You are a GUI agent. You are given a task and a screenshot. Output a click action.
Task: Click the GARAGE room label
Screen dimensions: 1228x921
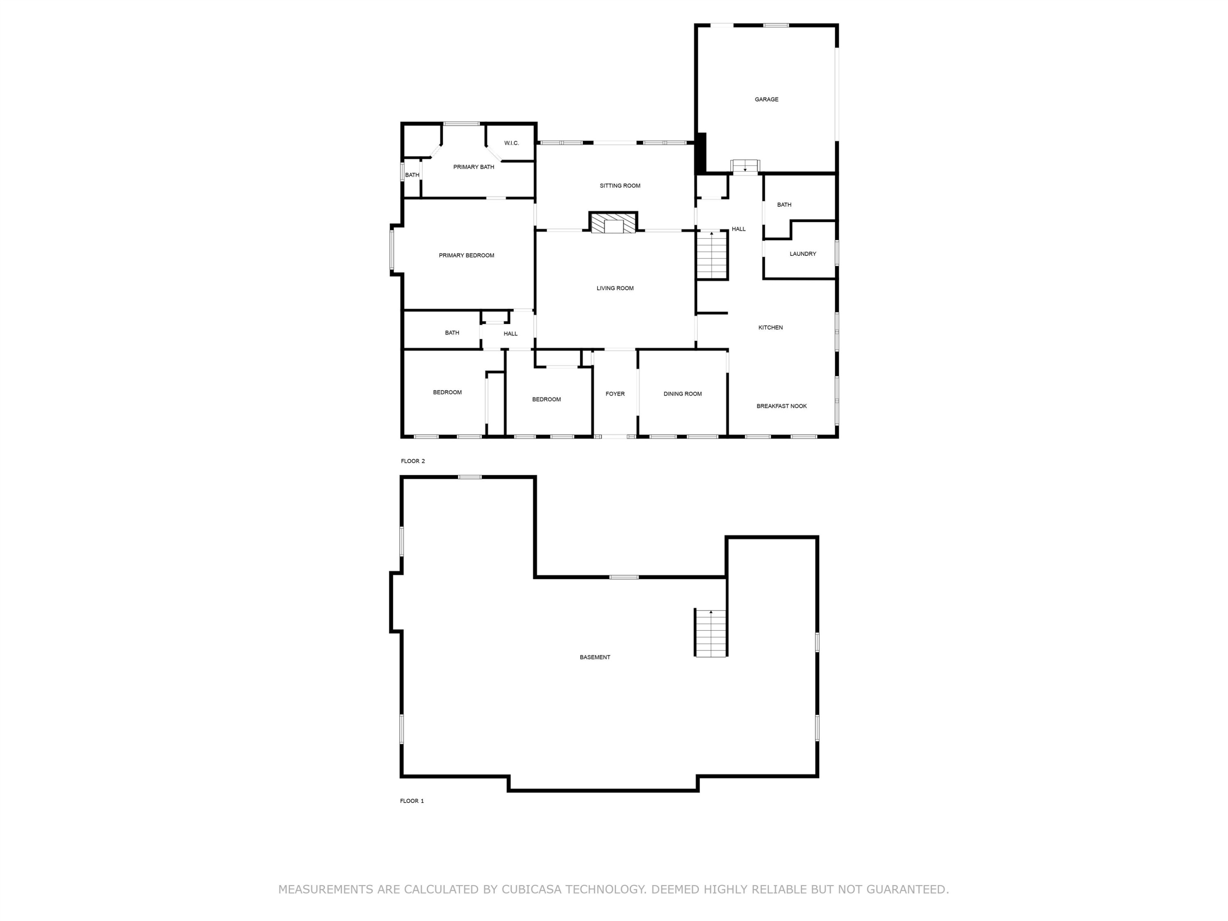pos(766,99)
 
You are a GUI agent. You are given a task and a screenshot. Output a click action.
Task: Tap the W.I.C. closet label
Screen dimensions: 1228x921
pos(511,143)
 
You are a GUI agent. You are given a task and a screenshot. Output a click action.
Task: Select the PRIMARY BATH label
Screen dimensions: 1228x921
pos(474,167)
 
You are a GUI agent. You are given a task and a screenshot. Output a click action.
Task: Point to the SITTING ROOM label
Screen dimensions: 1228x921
pos(620,186)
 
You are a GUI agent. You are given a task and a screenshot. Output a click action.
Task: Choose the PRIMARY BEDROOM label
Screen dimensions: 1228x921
pos(466,255)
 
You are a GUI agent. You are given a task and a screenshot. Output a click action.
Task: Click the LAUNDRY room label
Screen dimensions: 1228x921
pos(803,254)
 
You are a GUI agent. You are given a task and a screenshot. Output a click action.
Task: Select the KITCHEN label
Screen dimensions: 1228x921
pos(770,327)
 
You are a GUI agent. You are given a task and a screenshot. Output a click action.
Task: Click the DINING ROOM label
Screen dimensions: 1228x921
pos(682,394)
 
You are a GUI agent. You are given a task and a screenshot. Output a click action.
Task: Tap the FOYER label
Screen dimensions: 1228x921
pos(615,394)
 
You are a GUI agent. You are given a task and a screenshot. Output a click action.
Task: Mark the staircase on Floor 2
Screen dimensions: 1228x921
pos(712,255)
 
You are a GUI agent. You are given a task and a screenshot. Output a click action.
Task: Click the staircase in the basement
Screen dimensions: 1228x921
pos(711,633)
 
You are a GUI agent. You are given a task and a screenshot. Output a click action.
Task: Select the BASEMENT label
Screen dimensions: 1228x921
pos(595,657)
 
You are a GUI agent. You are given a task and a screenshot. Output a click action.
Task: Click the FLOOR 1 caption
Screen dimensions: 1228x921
pos(412,801)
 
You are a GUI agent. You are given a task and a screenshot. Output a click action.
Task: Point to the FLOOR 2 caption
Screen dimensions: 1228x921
pos(413,461)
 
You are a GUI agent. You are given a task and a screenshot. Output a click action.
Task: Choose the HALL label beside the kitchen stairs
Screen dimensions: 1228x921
pos(738,229)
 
